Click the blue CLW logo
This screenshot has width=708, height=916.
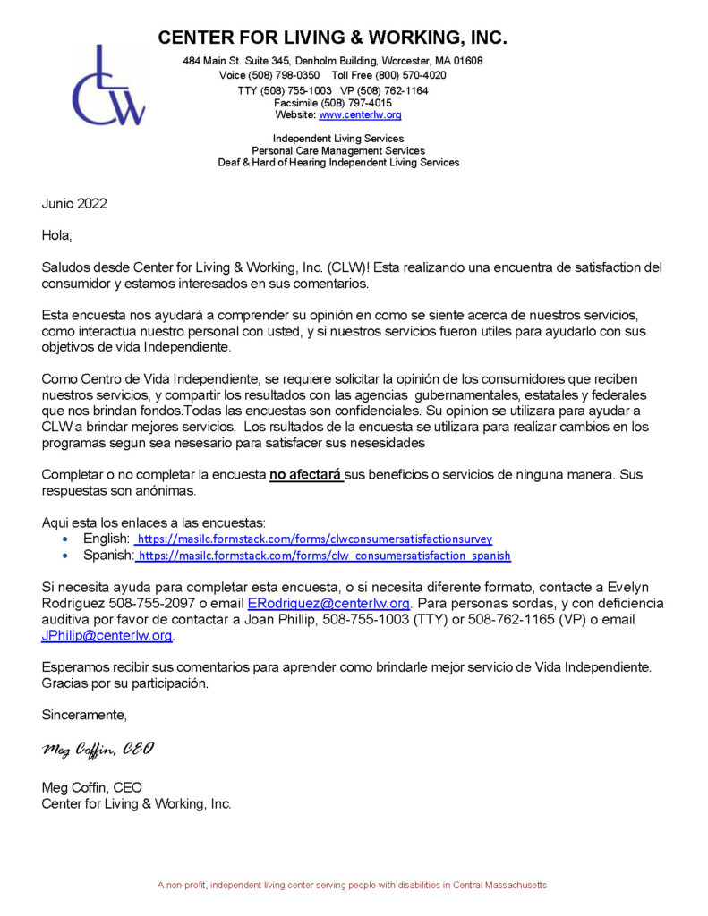pyautogui.click(x=108, y=87)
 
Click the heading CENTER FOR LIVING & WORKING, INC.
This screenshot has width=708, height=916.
pyautogui.click(x=332, y=38)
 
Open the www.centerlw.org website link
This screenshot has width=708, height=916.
pyautogui.click(x=360, y=115)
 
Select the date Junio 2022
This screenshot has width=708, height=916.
pyautogui.click(x=74, y=203)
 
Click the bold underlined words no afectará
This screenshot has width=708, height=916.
pyautogui.click(x=306, y=474)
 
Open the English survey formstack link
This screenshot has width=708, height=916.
pyautogui.click(x=314, y=539)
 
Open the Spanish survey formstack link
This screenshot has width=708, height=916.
pyautogui.click(x=324, y=556)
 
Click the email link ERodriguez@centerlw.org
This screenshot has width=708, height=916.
pyautogui.click(x=328, y=604)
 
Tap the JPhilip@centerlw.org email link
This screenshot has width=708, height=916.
pyautogui.click(x=107, y=636)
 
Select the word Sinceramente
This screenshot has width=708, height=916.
pyautogui.click(x=84, y=715)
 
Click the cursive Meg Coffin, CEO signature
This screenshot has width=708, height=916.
pyautogui.click(x=98, y=749)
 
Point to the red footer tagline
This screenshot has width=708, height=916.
pyautogui.click(x=352, y=885)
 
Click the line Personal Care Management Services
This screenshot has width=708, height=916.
pyautogui.click(x=338, y=151)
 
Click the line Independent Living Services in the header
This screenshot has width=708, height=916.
pyautogui.click(x=338, y=139)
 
